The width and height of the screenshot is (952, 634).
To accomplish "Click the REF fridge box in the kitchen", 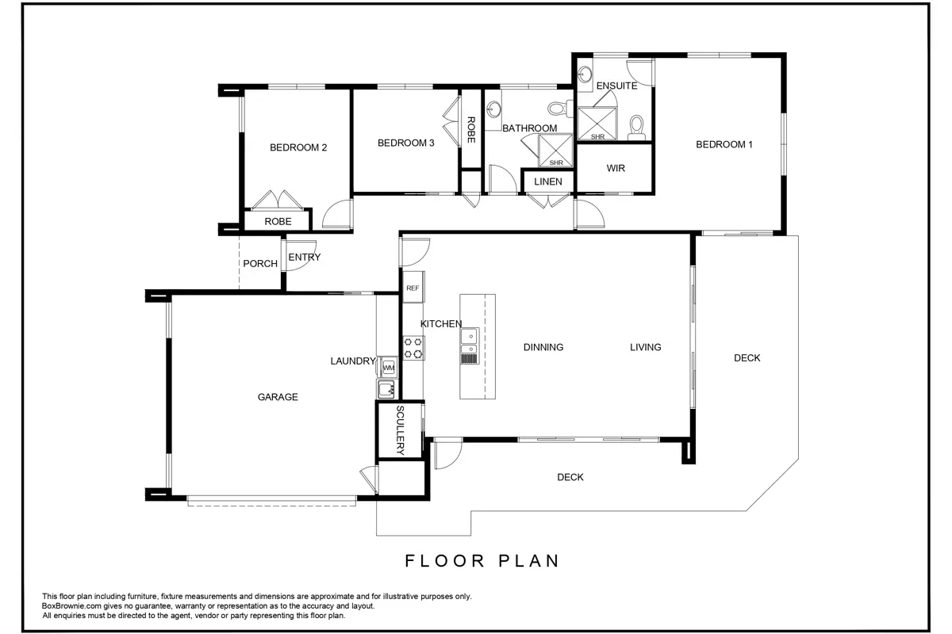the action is click(413, 288).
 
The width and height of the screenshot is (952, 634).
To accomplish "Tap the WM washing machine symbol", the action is click(389, 367).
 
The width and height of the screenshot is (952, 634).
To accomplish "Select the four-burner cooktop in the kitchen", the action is click(413, 348).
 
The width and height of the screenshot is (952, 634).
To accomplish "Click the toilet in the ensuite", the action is click(636, 128).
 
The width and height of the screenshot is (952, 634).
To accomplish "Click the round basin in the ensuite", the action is click(585, 74).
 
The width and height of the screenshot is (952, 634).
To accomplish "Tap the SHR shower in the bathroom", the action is click(555, 151).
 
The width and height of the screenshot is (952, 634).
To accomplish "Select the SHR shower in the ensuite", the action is click(597, 124).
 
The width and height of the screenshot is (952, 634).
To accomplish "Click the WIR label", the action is click(616, 168).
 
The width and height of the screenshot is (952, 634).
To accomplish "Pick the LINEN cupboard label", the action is click(548, 181).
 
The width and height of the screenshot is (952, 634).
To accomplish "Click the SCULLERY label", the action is click(400, 430).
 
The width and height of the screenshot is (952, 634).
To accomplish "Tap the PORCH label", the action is click(260, 264).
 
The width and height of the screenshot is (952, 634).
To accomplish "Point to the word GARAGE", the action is click(278, 397).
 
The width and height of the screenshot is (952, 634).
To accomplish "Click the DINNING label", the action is click(543, 347).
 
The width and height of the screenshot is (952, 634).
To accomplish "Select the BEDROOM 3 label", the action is click(406, 143).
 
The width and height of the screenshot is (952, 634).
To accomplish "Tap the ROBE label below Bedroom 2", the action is click(278, 222).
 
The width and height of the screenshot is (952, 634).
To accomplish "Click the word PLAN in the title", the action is click(528, 561).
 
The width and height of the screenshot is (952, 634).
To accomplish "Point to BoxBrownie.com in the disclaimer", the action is click(71, 606).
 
